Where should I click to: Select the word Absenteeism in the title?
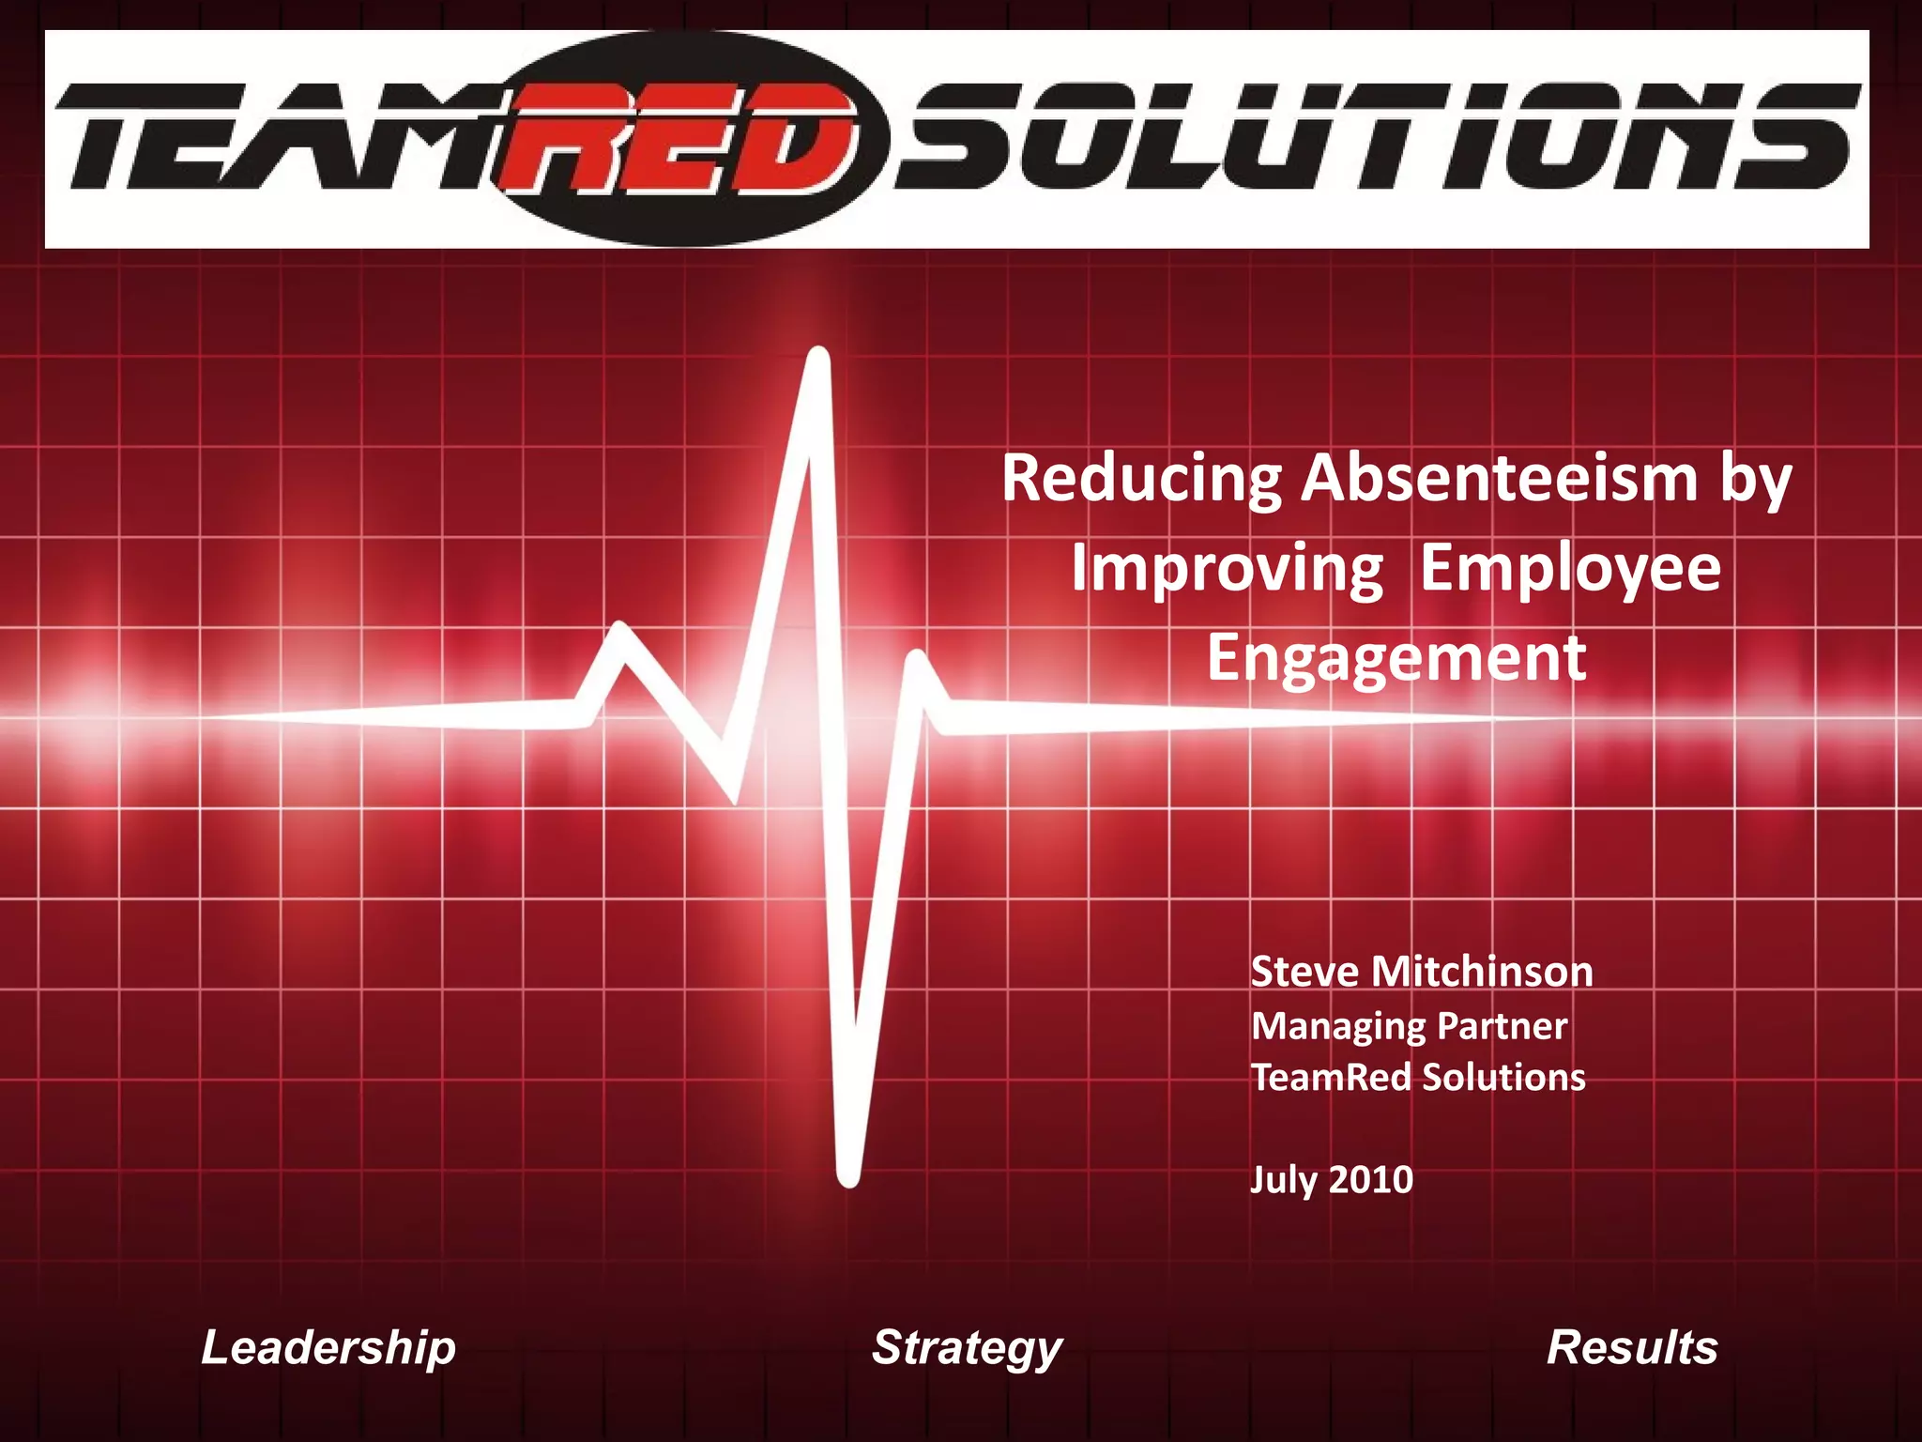coord(1499,479)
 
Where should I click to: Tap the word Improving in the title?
coord(1227,570)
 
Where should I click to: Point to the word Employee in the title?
coord(1570,570)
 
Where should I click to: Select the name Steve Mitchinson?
coord(1421,972)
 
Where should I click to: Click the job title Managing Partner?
coord(1408,1026)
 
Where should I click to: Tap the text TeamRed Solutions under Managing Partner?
coord(1417,1077)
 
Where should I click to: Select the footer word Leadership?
coord(328,1347)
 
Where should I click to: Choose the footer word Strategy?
coord(967,1348)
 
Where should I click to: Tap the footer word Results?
coord(1631,1347)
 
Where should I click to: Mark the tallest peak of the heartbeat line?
coord(819,357)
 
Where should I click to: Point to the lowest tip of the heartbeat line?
coord(848,1176)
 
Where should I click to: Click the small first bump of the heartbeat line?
coord(620,632)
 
